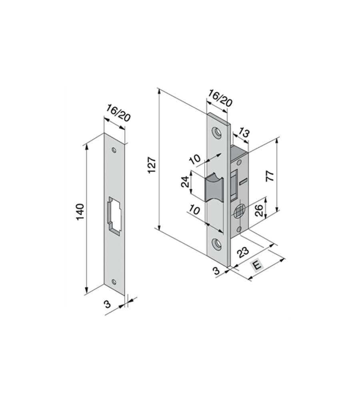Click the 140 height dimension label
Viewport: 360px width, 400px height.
point(80,212)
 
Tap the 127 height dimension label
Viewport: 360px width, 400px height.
point(151,165)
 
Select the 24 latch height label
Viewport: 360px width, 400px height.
point(185,182)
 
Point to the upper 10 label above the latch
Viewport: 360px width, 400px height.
point(195,159)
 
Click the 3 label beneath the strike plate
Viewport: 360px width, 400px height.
point(107,304)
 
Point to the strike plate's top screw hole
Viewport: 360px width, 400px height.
point(114,150)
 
